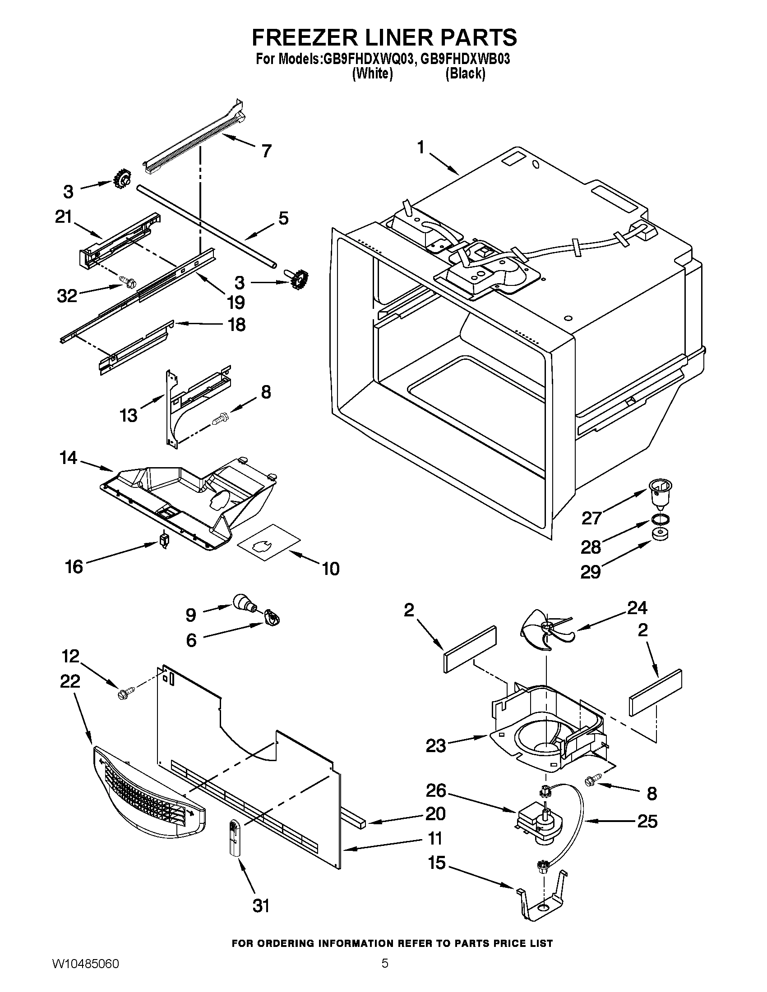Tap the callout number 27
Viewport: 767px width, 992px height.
591,518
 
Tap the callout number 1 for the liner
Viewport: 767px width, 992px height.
421,147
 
